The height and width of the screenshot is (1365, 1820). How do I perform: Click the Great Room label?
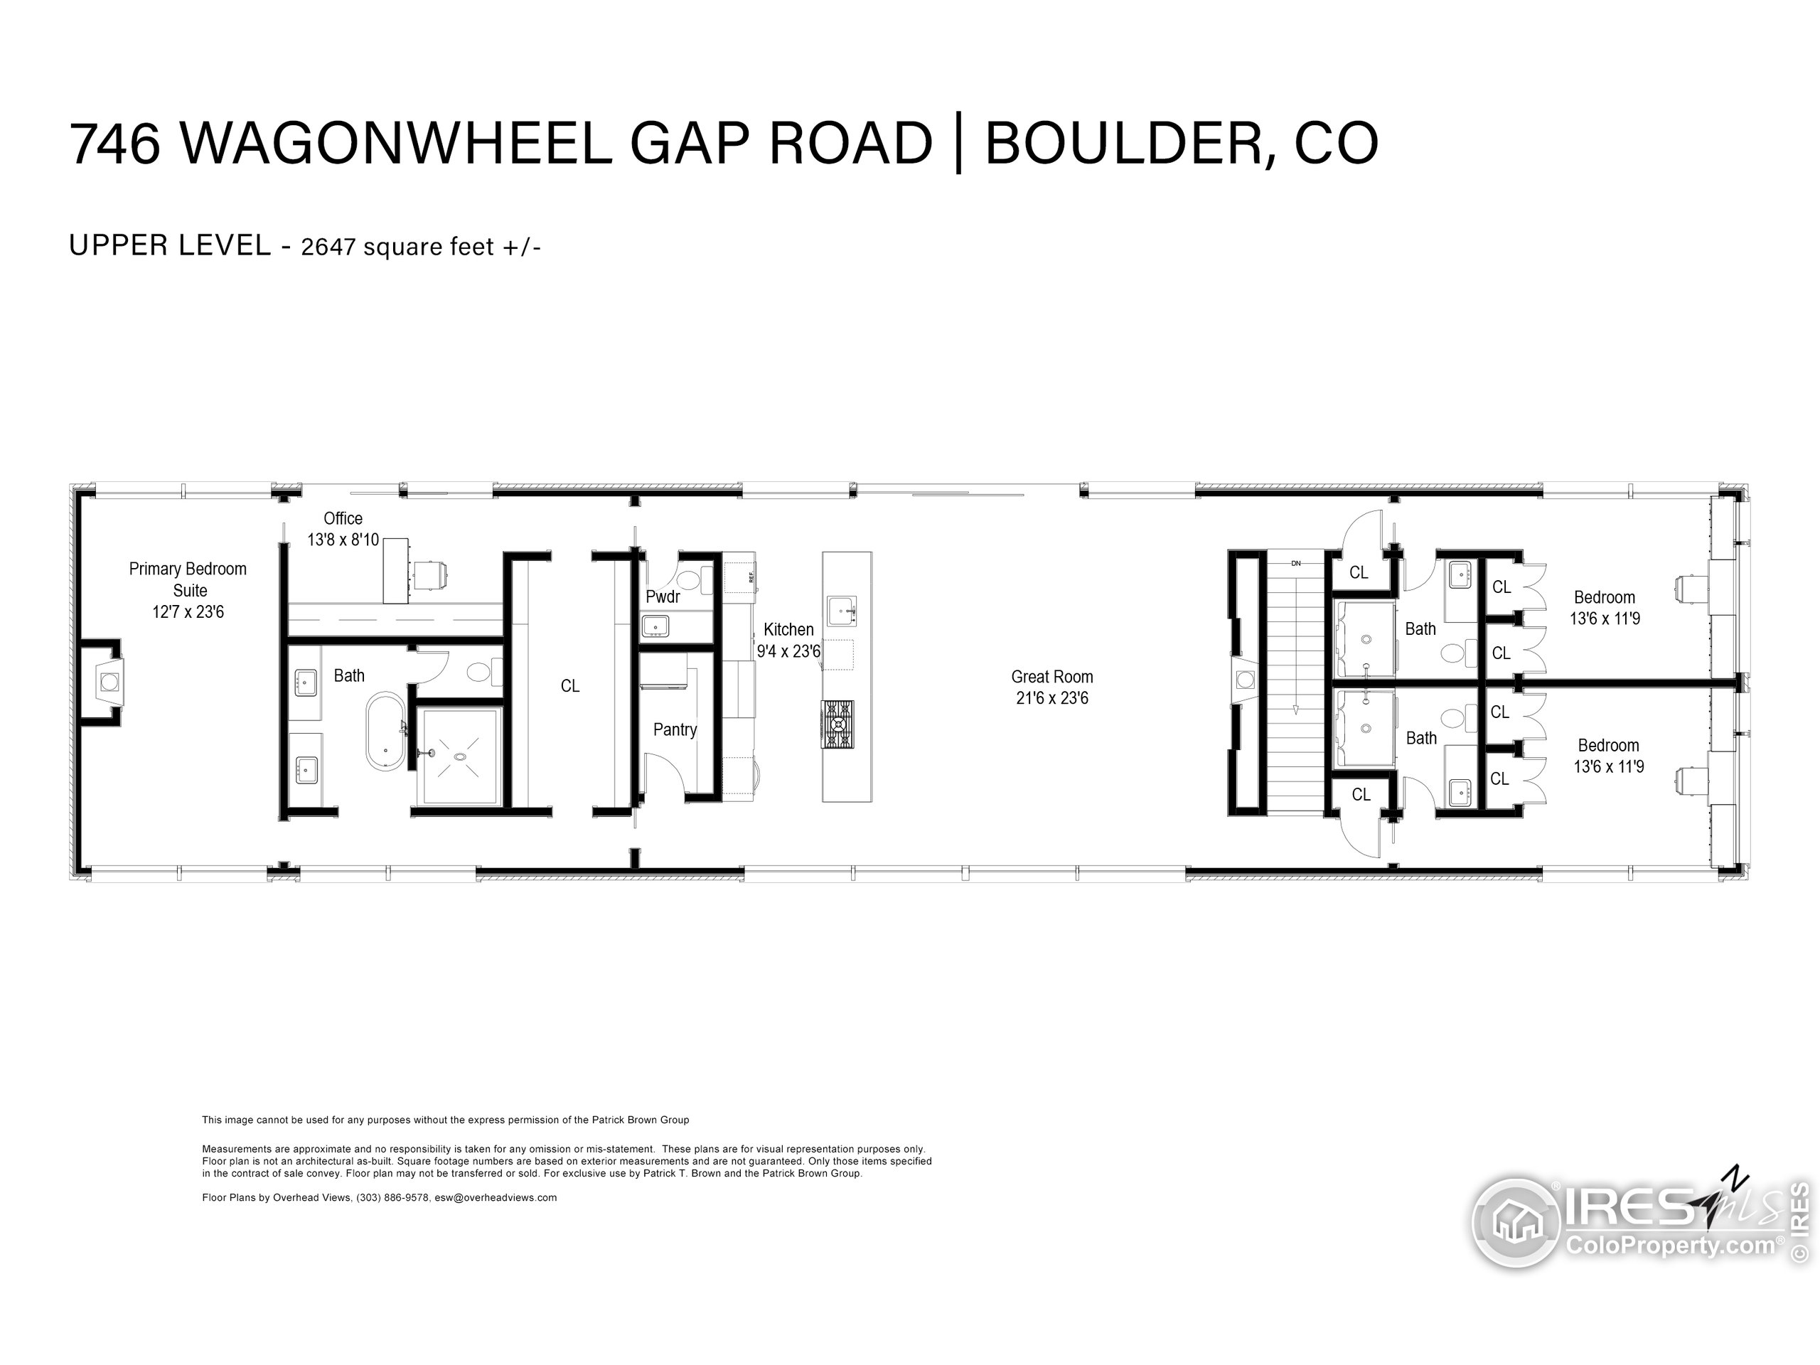click(1051, 676)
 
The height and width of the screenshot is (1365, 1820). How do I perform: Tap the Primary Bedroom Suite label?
click(188, 579)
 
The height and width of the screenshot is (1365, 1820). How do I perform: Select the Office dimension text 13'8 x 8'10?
click(343, 540)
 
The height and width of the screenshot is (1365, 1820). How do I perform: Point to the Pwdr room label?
click(663, 596)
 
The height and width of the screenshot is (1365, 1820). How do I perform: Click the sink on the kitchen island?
click(841, 611)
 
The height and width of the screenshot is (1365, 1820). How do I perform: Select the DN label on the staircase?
click(1296, 564)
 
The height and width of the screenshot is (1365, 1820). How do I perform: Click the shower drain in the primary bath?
click(460, 756)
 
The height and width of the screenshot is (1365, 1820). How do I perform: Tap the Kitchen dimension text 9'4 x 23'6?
click(788, 652)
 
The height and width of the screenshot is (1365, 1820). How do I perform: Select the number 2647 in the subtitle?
click(328, 247)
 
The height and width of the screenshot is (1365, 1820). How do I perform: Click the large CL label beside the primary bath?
click(569, 685)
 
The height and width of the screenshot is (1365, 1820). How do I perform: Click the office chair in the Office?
click(429, 574)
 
